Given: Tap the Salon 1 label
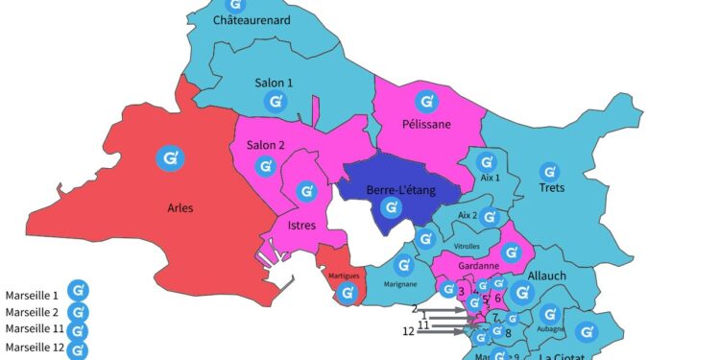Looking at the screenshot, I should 274,83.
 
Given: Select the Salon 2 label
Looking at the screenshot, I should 266,145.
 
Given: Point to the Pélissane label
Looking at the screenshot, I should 425,123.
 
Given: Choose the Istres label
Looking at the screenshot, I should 302,225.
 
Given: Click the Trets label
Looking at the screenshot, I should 551,187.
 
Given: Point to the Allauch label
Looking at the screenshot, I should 547,276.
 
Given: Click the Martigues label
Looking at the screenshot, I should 344,276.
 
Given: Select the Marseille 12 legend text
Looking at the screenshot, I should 32,348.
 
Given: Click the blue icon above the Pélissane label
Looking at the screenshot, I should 424,100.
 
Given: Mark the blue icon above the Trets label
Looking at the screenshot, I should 549,170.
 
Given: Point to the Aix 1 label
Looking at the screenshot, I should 491,178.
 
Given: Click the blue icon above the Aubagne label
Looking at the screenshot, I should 549,313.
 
